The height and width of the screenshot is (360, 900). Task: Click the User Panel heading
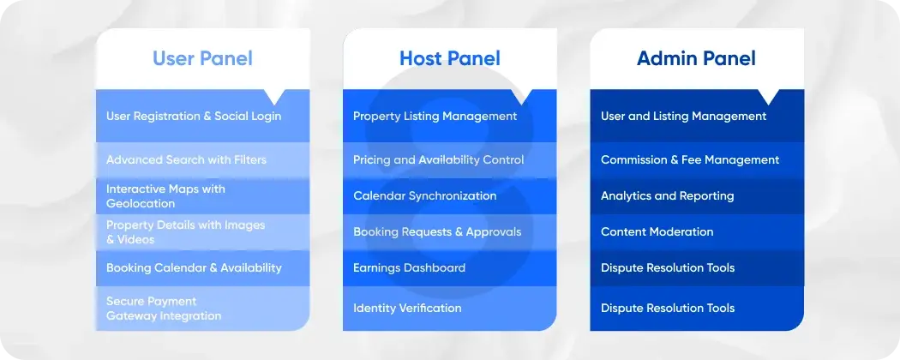click(x=202, y=58)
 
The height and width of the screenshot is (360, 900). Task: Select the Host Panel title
click(x=449, y=58)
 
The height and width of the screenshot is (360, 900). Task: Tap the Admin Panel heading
click(x=696, y=58)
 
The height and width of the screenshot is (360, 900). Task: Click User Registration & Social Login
click(x=194, y=116)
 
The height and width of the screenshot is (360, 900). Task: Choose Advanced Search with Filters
click(x=186, y=159)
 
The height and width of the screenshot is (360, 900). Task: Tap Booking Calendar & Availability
click(x=194, y=267)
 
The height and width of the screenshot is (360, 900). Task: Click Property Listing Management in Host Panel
click(x=435, y=116)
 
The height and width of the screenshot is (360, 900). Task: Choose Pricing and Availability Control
click(x=438, y=159)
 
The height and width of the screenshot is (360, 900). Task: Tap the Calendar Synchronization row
click(x=424, y=195)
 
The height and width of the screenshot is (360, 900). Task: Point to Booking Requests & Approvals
click(x=437, y=231)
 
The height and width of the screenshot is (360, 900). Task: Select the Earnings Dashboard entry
click(x=409, y=267)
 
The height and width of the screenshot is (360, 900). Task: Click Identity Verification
click(x=407, y=308)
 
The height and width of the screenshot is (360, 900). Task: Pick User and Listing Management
click(x=683, y=116)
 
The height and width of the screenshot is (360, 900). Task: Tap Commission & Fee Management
click(x=690, y=159)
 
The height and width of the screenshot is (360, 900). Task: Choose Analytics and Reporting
click(x=667, y=195)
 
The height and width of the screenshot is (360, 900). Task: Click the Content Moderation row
click(x=657, y=231)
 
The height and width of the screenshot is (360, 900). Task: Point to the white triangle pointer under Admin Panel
click(x=768, y=96)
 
